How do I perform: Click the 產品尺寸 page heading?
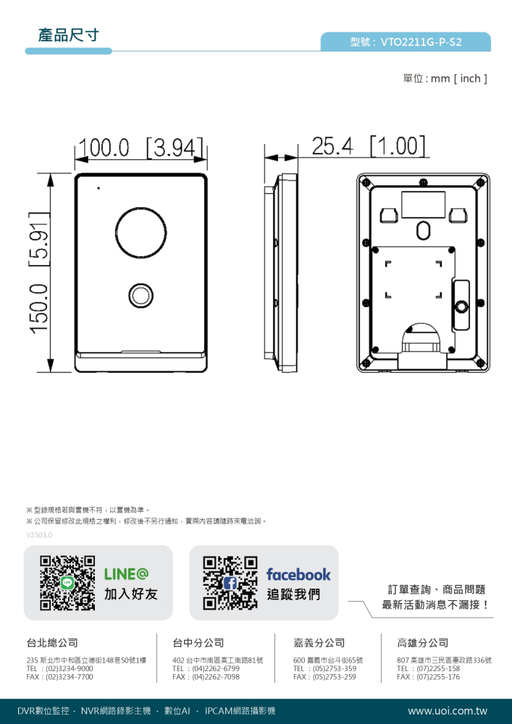[68, 35]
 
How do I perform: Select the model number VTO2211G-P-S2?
[421, 43]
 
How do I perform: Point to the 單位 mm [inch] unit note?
[445, 78]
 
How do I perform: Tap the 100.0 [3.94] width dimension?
[140, 146]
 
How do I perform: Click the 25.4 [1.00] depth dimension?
[369, 146]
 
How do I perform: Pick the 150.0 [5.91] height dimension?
[39, 272]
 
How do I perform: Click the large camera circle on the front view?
[140, 231]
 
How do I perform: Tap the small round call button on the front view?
[140, 295]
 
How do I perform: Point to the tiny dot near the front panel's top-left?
[98, 188]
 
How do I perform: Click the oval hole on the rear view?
[422, 230]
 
